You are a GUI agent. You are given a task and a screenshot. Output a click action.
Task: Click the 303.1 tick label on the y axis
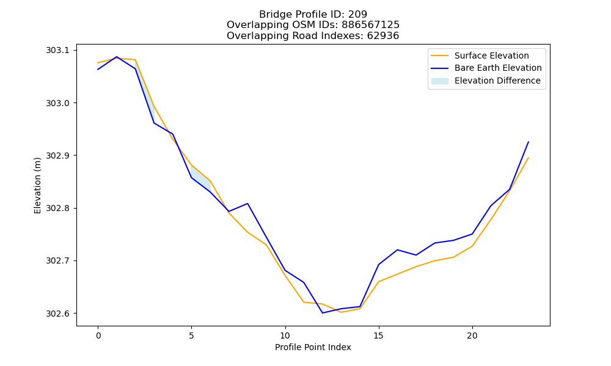coord(57,50)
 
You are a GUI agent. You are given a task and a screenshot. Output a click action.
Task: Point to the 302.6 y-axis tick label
coord(57,314)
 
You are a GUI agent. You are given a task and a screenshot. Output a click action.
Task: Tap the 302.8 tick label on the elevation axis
coord(57,208)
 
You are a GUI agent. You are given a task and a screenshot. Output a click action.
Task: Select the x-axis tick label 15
coord(378,335)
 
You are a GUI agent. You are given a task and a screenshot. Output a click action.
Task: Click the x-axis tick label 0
coord(98,335)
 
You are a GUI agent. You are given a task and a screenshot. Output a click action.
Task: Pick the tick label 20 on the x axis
coord(472,335)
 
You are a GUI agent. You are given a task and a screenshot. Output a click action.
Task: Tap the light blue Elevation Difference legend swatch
coord(439,81)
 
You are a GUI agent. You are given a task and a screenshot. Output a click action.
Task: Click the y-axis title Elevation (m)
coord(37,185)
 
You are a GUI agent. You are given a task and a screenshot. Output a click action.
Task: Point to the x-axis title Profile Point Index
coord(313,347)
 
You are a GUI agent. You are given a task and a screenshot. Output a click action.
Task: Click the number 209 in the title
coord(357,15)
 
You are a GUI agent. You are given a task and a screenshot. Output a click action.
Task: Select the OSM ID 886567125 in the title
coord(371,25)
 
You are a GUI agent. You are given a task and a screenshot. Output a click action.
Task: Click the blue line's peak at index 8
coord(247,203)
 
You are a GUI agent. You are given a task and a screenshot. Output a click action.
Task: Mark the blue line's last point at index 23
coord(529,142)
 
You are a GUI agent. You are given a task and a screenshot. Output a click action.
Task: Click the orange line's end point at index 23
coord(529,157)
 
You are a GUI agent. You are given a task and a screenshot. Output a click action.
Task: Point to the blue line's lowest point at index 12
coord(322,313)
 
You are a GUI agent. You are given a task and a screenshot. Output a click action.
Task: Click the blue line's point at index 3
coord(154,123)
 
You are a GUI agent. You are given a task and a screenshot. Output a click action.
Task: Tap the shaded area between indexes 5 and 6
coord(200,178)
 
